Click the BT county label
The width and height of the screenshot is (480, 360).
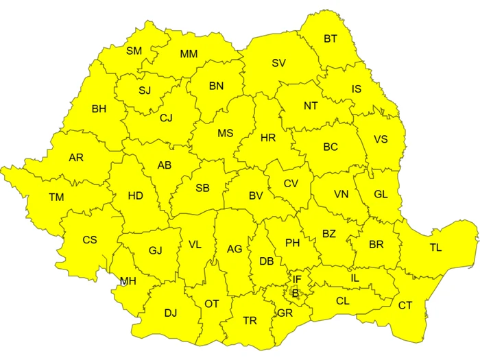click(x=331, y=39)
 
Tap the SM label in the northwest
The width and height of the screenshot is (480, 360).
click(x=134, y=51)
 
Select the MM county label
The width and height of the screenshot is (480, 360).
click(x=189, y=54)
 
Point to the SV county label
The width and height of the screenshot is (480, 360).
click(x=278, y=63)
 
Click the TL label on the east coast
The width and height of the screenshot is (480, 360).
click(x=435, y=248)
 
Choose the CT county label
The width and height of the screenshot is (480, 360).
click(x=405, y=305)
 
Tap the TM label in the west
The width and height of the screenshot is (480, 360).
click(x=56, y=197)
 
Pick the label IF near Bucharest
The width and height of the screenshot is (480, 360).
click(x=297, y=279)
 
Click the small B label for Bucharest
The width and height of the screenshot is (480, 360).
click(x=296, y=293)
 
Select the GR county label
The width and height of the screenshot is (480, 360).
click(x=285, y=313)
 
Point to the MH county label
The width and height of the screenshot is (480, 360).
click(x=128, y=281)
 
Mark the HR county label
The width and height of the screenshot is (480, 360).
click(x=268, y=138)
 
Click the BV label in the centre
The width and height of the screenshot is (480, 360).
click(x=256, y=196)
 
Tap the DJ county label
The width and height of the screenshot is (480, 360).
click(x=171, y=313)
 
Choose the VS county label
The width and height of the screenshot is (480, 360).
click(x=381, y=139)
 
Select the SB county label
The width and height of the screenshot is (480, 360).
click(x=202, y=188)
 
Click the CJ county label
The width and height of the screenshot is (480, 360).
click(x=166, y=118)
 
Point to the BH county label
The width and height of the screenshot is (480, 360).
click(x=99, y=108)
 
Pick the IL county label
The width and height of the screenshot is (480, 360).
click(x=355, y=278)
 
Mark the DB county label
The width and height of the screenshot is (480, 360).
click(x=267, y=261)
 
